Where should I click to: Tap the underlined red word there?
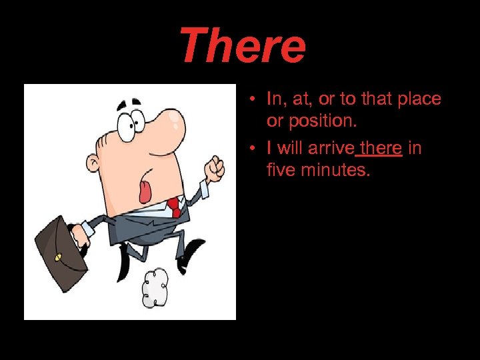click(x=381, y=147)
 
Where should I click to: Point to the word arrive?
click(x=331, y=147)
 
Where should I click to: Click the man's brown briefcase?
click(x=61, y=253)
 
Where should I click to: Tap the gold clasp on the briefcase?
click(x=58, y=257)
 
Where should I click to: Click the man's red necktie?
click(x=174, y=206)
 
